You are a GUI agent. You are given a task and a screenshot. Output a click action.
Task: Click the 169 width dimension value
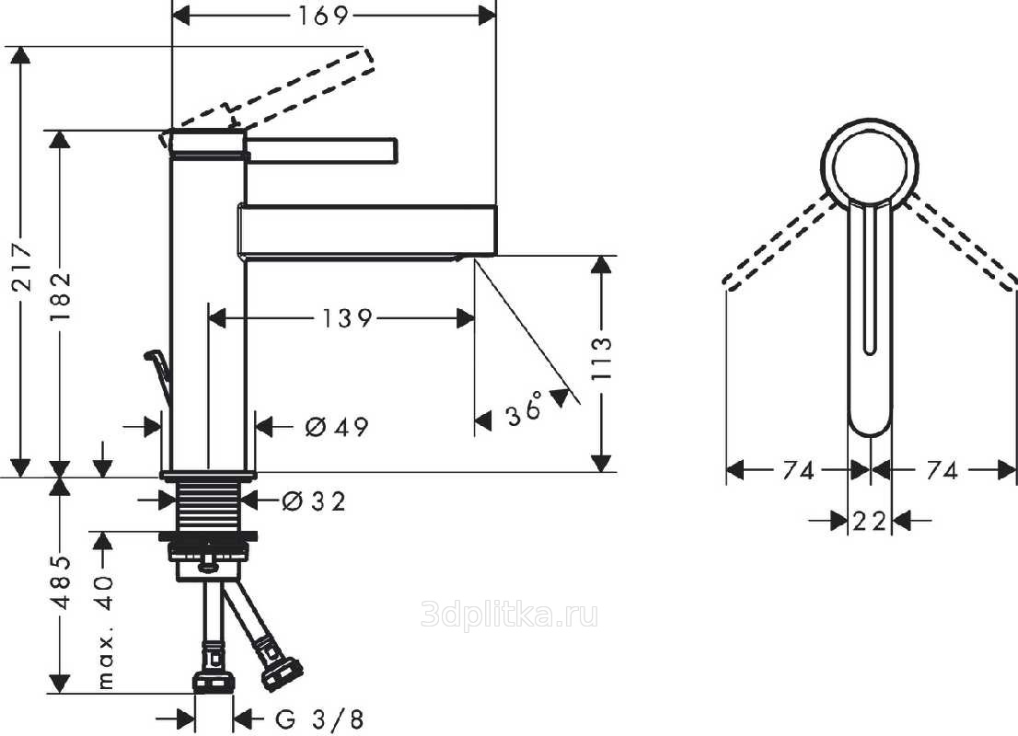pyautogui.click(x=323, y=16)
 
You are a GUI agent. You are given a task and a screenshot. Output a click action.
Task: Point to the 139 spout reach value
pyautogui.click(x=348, y=318)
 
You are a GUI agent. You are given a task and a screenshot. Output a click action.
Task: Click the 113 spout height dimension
pyautogui.click(x=602, y=358)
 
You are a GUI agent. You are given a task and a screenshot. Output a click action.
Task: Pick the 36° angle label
pyautogui.click(x=526, y=408)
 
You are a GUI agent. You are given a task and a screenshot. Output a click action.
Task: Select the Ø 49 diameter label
pyautogui.click(x=337, y=426)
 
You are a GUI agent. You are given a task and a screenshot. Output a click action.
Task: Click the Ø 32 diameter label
pyautogui.click(x=314, y=501)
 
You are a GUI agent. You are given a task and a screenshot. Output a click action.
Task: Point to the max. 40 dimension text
pyautogui.click(x=104, y=631)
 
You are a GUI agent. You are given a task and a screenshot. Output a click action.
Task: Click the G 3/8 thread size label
pyautogui.click(x=318, y=719)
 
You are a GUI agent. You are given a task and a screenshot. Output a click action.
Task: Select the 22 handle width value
pyautogui.click(x=869, y=521)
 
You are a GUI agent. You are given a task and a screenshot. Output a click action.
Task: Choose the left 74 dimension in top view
pyautogui.click(x=799, y=470)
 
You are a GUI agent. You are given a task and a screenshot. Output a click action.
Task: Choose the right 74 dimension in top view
pyautogui.click(x=943, y=470)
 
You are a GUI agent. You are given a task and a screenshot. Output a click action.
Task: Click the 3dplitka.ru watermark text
pyautogui.click(x=510, y=614)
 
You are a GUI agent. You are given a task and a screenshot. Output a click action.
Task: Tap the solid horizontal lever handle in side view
pyautogui.click(x=321, y=149)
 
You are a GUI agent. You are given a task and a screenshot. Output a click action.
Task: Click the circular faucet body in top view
pyautogui.click(x=869, y=165)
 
